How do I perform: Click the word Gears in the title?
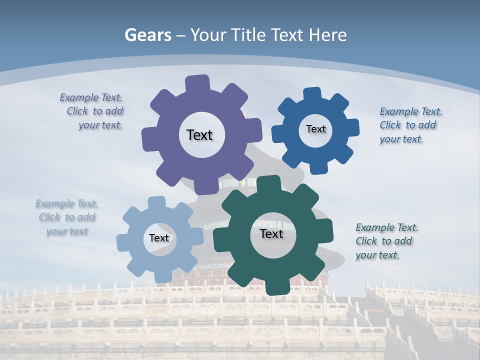(147, 35)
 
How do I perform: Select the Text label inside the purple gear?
(199, 135)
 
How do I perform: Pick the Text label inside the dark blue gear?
(315, 129)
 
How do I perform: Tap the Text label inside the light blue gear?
(159, 238)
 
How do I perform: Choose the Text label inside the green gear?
(271, 234)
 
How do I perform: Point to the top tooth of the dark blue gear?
(311, 94)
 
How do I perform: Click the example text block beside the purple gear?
(93, 111)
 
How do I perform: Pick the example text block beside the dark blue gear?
(410, 125)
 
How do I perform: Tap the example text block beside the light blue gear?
(67, 217)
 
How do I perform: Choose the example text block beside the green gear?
(386, 241)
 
